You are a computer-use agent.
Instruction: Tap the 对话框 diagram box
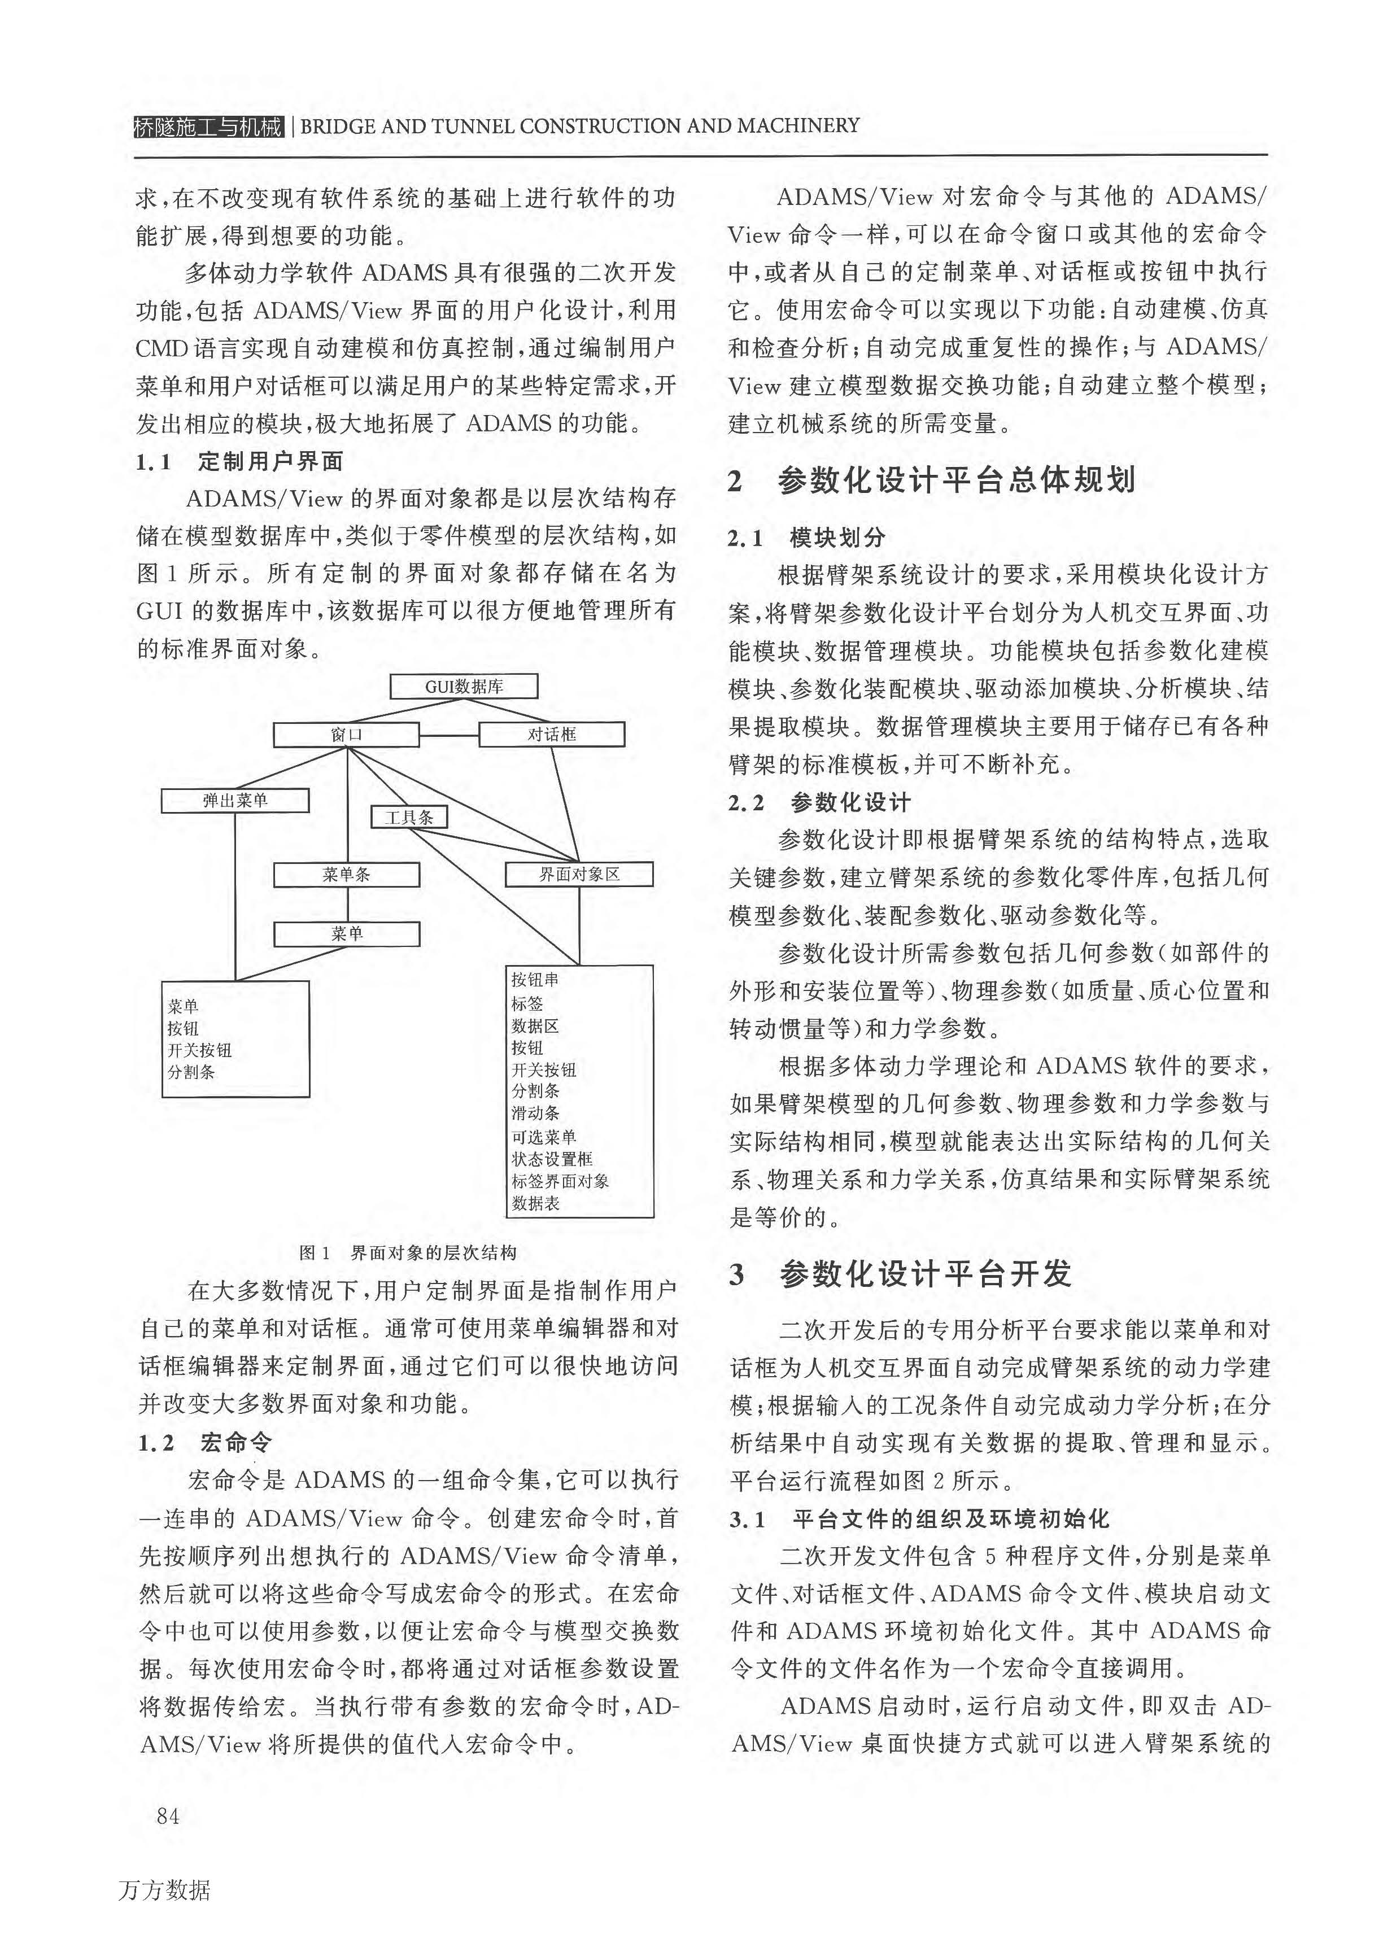click(552, 735)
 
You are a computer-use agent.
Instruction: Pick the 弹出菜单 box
click(235, 801)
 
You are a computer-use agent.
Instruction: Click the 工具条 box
click(409, 817)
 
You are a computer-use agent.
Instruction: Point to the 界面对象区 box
click(579, 875)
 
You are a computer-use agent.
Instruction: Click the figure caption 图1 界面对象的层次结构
click(408, 1253)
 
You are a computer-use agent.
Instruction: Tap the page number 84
click(168, 1817)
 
